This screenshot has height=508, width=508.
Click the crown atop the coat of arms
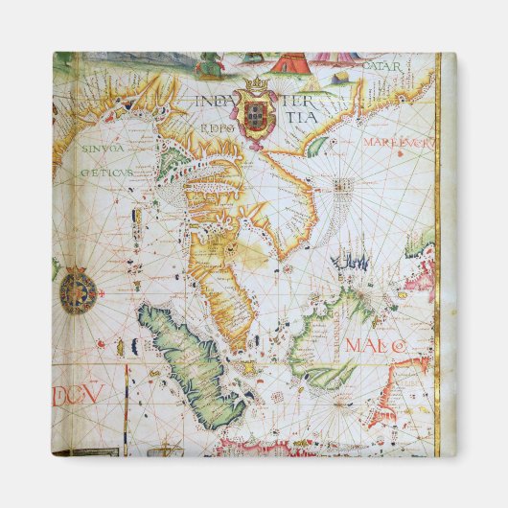(256, 87)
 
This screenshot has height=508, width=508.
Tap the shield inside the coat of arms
(256, 114)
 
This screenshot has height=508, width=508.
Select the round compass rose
(78, 293)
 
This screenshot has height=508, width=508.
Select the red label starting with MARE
(397, 142)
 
